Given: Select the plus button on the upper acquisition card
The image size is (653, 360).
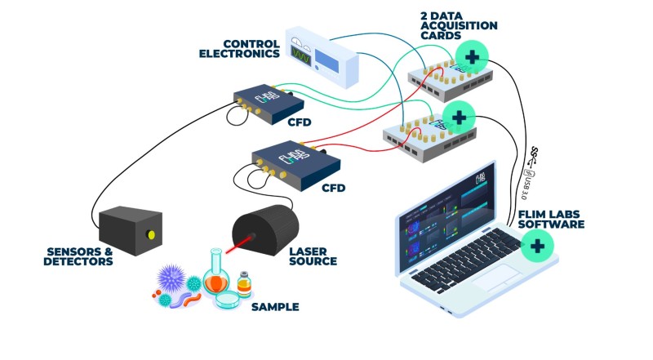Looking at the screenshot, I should pos(473,57).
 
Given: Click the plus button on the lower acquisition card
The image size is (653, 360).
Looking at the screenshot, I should pos(459,118).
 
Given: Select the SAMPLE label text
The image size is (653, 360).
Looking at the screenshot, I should pos(275,308).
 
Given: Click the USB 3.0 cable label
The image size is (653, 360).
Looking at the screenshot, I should pos(525,187).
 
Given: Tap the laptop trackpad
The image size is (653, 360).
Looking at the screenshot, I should pos(488,278).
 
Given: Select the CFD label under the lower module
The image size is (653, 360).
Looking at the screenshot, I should pos(333,188).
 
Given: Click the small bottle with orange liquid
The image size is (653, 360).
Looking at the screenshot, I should pos(243,285).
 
